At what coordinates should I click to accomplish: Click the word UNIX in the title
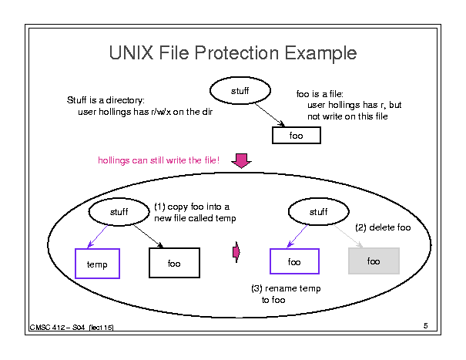click(x=132, y=53)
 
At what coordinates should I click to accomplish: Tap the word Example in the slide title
click(x=320, y=54)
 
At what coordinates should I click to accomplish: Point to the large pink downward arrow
click(x=241, y=160)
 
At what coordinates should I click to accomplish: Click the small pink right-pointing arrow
click(x=236, y=252)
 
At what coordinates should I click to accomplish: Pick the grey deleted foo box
click(x=374, y=261)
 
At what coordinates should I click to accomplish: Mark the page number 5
click(x=426, y=326)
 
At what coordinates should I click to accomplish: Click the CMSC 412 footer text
click(x=72, y=328)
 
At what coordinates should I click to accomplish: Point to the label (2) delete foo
click(x=383, y=227)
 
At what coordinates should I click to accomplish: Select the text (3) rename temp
click(x=286, y=288)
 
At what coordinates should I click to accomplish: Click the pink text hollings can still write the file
click(x=159, y=160)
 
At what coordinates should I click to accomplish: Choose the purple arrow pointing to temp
click(x=98, y=237)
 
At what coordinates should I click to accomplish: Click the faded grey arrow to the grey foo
click(x=348, y=236)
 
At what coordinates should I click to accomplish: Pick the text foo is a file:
click(x=320, y=94)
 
